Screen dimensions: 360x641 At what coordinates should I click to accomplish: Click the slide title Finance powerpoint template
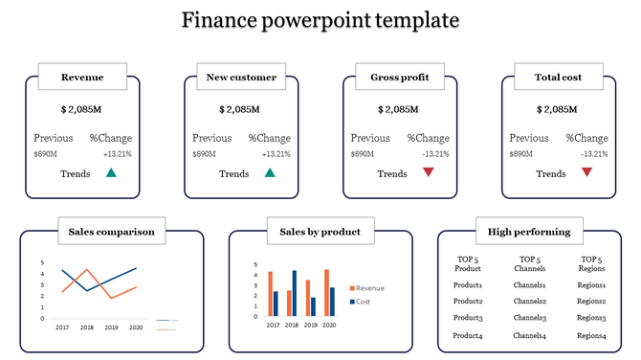320,20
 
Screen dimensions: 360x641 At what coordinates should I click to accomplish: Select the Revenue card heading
82,78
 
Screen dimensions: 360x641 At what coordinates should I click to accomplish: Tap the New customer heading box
241,78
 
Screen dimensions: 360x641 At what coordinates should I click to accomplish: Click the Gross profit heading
400,78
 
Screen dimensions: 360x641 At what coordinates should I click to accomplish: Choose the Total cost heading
559,78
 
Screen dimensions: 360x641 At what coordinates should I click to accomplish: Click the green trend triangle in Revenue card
111,173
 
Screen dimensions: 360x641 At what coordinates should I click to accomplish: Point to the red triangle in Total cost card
587,172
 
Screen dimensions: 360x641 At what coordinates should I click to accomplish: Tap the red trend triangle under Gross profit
429,172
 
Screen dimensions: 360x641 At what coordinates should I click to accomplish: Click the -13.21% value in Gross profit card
434,154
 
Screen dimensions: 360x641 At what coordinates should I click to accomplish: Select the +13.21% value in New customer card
276,154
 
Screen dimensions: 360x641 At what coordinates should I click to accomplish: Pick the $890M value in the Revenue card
46,154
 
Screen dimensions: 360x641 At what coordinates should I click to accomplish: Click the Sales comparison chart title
111,231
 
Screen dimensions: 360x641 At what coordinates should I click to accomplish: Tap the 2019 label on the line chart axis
111,327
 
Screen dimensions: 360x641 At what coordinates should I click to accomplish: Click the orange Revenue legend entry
365,288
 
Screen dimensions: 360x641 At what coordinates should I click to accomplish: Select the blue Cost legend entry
360,302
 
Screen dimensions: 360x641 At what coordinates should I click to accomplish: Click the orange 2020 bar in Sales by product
326,292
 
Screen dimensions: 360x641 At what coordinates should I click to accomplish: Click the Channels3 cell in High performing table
529,318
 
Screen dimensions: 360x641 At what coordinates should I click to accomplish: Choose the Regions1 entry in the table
592,284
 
